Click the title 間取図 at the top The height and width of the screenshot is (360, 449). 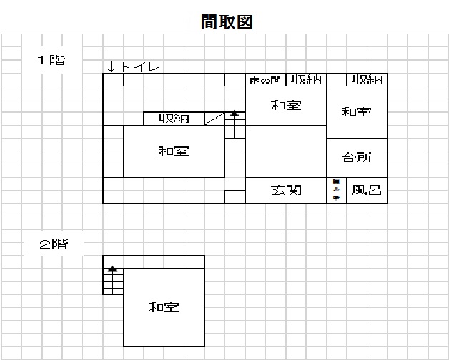[x=227, y=22]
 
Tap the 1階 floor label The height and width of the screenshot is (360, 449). [x=51, y=61]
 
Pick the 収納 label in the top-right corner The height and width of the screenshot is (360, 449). [x=367, y=79]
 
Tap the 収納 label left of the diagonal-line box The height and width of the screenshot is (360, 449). [x=174, y=119]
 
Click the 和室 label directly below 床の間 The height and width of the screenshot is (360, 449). [x=286, y=106]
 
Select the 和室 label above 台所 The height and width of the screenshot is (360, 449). [x=356, y=111]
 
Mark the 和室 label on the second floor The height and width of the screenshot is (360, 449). [x=163, y=308]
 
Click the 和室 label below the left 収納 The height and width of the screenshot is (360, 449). [x=174, y=151]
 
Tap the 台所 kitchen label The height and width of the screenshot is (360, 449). [x=356, y=158]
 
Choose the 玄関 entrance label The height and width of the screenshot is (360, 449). [x=286, y=190]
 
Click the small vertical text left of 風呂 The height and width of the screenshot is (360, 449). [x=336, y=190]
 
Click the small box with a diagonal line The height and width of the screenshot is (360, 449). [x=214, y=119]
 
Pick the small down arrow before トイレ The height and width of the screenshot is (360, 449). [x=112, y=67]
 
